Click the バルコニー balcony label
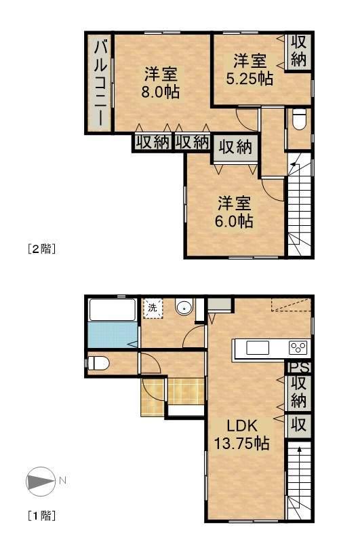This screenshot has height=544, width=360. (100, 83)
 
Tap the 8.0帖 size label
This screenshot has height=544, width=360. (160, 92)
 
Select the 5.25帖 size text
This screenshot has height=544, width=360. (249, 79)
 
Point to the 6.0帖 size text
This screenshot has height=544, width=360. (234, 221)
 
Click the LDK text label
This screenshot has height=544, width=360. (242, 426)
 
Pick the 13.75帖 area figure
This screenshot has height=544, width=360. (242, 443)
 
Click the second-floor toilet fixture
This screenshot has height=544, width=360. (299, 119)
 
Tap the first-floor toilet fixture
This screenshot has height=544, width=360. (99, 364)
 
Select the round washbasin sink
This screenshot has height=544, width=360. (184, 307)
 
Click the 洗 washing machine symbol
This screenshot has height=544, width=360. (153, 307)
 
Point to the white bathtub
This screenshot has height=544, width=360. (112, 310)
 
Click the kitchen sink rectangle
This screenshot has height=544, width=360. (258, 348)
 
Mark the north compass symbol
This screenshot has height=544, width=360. (41, 481)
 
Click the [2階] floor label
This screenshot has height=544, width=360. (41, 249)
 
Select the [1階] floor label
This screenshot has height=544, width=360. (41, 516)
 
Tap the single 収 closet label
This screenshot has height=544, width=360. (298, 425)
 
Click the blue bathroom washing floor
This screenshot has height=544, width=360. (112, 335)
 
